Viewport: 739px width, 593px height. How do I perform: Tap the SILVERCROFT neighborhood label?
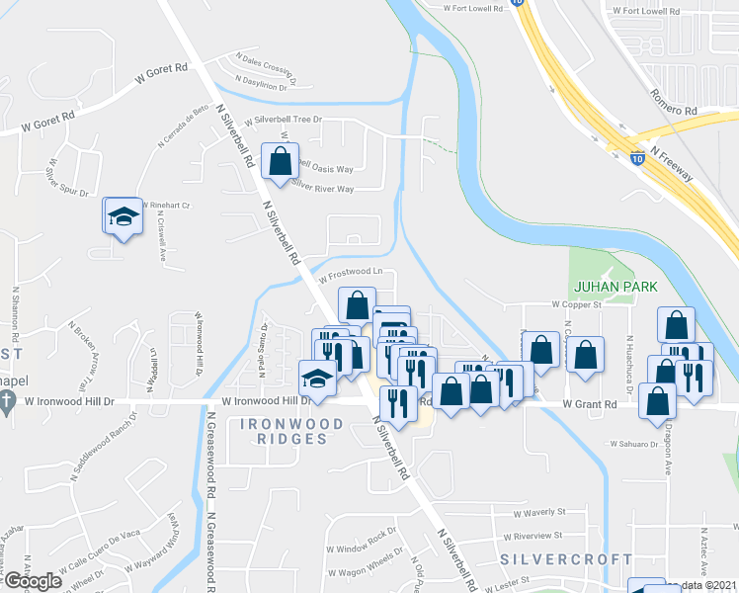566,559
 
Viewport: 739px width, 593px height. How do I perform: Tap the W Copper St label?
577,306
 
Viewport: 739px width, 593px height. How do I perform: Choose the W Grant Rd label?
590,404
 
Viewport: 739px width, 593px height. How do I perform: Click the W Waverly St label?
539,513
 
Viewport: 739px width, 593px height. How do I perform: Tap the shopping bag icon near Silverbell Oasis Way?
280,161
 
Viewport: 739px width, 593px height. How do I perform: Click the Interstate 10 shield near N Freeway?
639,156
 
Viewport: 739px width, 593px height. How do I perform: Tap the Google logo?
33,581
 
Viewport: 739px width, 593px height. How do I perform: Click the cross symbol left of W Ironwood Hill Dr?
7,402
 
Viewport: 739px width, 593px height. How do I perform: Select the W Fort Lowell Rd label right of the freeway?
646,11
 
